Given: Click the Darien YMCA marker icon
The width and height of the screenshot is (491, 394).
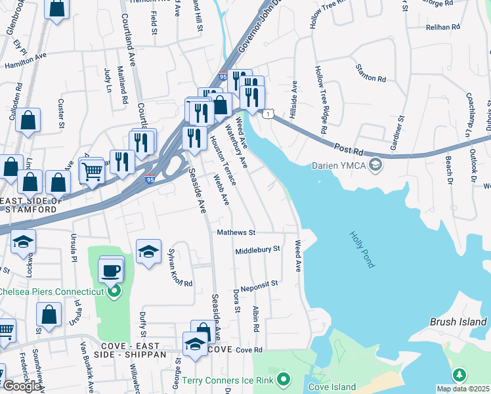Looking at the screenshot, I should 375,165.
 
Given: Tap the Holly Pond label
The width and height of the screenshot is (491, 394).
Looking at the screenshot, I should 361,249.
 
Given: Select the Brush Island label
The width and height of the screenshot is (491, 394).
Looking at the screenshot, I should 459,322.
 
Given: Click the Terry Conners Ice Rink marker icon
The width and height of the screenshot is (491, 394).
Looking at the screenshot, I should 284,378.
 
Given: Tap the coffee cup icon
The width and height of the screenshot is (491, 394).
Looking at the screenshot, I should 111,270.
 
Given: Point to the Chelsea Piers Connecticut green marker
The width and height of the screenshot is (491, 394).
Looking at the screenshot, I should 115,291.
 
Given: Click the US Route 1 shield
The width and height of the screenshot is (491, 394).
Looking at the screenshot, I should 268,114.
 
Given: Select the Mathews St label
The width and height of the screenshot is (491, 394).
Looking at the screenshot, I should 236,232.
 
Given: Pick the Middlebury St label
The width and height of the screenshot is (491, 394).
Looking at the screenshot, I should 257,250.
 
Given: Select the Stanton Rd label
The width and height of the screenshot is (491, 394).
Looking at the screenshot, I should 371,74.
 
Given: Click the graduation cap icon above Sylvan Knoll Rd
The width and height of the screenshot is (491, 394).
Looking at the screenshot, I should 149,251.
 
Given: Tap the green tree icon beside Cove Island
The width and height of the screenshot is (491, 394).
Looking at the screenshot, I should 461,374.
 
